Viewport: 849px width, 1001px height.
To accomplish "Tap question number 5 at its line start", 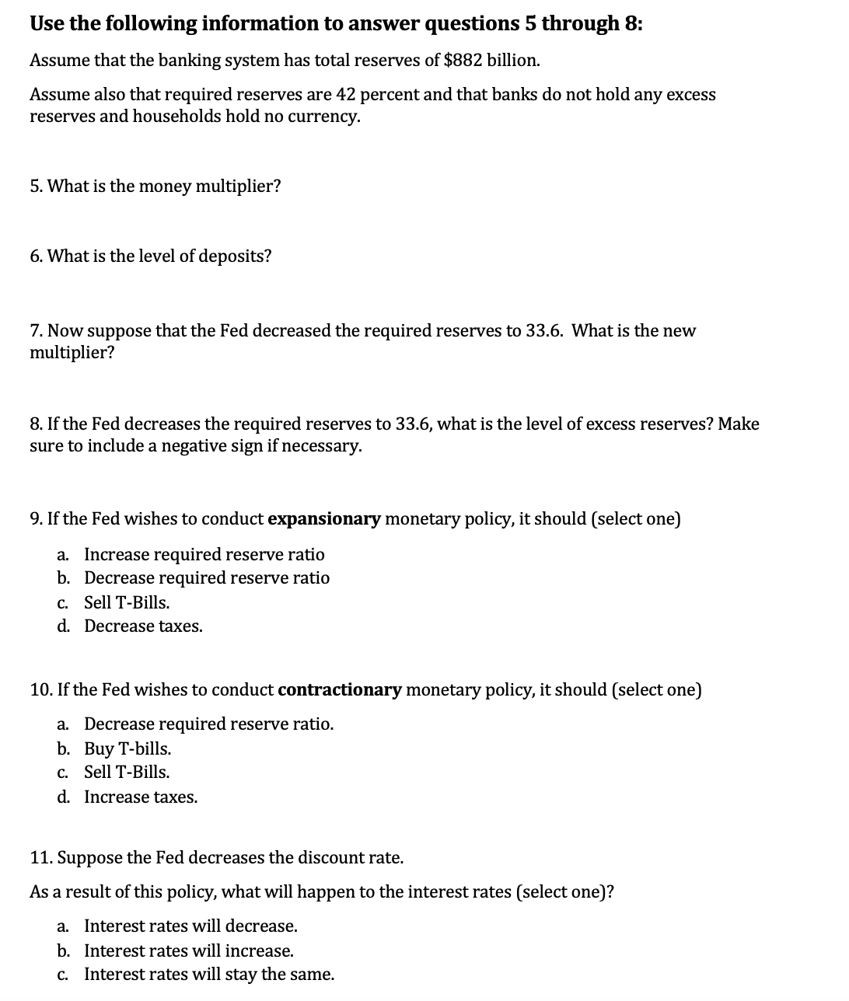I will (36, 187).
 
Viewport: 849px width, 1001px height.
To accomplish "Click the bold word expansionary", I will (324, 519).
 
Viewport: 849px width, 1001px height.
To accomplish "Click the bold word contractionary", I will (340, 690).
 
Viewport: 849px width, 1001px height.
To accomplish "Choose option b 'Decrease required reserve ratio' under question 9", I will (206, 578).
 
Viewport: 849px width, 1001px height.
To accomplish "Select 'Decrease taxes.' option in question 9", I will (143, 626).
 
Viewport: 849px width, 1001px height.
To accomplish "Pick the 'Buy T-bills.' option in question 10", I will (128, 749).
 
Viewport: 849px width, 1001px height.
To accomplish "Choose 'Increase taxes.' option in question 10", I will (141, 797).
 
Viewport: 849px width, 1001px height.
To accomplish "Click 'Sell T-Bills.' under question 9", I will (127, 603).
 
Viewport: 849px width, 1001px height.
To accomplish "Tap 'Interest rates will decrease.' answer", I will (190, 926).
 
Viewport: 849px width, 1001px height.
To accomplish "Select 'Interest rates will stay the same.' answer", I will (209, 975).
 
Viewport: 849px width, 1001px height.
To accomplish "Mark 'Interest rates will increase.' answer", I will (189, 951).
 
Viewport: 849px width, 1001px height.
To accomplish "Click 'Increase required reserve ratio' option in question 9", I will (204, 555).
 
